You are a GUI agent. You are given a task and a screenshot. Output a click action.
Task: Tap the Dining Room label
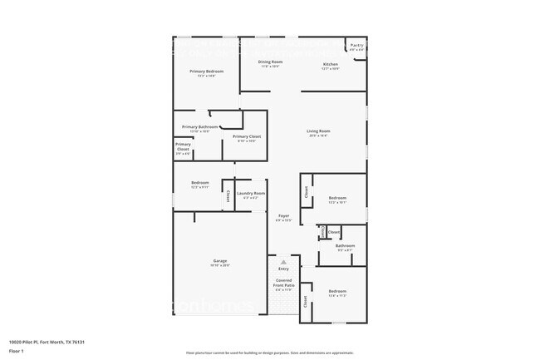point(272,62)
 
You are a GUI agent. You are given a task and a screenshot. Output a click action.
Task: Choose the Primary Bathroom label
point(199,127)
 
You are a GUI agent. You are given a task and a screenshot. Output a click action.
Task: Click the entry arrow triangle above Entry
point(283,260)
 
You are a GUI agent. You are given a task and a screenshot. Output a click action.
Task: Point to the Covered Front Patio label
point(283,284)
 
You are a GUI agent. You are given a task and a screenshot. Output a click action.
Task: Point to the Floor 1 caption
point(17,352)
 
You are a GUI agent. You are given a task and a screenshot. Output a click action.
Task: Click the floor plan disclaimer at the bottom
point(270,353)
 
